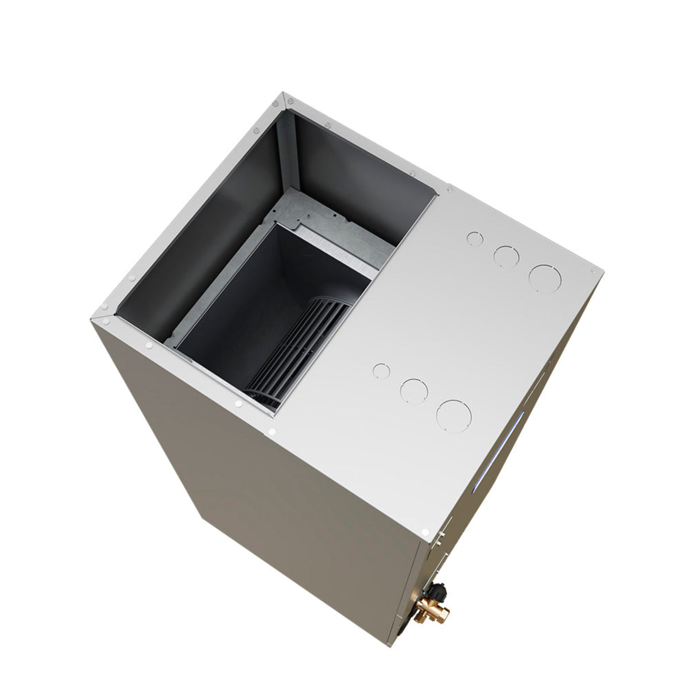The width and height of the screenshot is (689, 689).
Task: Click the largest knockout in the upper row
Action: [x=544, y=277]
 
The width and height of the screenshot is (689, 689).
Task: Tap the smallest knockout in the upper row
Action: [x=474, y=238]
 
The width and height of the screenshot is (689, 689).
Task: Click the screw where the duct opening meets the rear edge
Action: [x=449, y=188]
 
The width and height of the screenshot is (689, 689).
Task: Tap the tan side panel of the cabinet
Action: [x=258, y=517]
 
